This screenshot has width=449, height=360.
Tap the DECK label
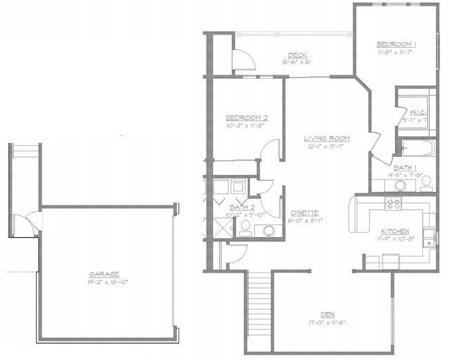click(x=297, y=55)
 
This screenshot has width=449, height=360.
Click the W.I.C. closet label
click(x=417, y=112)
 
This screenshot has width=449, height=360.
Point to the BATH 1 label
click(x=404, y=167)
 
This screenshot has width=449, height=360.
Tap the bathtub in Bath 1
click(x=417, y=148)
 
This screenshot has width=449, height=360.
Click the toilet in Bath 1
click(x=426, y=182)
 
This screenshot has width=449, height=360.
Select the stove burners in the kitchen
click(x=393, y=204)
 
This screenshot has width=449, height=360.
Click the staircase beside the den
click(x=259, y=304)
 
